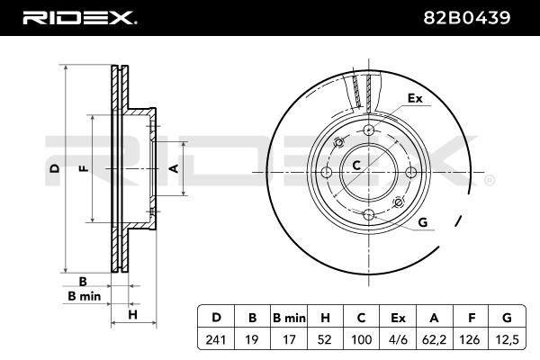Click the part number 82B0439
click(466, 18)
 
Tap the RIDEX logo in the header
click(79, 18)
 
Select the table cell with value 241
click(216, 339)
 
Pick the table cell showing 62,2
click(434, 339)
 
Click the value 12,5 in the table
click(508, 339)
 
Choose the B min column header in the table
click(289, 318)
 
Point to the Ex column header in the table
click(398, 318)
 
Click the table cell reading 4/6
click(398, 339)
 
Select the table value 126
click(471, 339)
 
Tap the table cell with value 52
click(325, 339)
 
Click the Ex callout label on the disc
click(415, 98)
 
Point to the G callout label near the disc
click(423, 222)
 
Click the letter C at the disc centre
click(356, 166)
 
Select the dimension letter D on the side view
click(54, 168)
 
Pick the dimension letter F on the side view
click(85, 168)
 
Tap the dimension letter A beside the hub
click(175, 168)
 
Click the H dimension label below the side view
click(132, 314)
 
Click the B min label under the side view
click(85, 296)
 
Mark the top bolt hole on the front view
click(369, 130)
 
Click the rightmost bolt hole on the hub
click(411, 172)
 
